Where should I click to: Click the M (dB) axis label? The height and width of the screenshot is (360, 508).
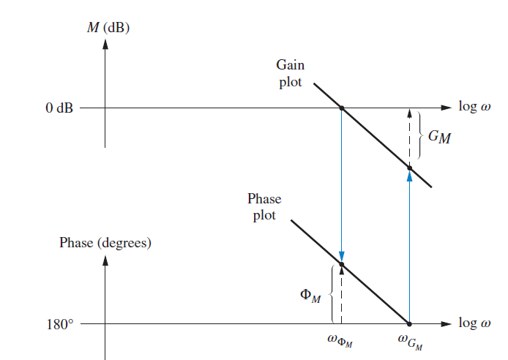click(x=108, y=28)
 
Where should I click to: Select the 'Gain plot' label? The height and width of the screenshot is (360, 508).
click(x=291, y=73)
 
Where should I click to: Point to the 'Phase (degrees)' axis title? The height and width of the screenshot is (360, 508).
click(x=105, y=242)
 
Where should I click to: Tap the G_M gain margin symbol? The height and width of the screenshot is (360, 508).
click(x=439, y=137)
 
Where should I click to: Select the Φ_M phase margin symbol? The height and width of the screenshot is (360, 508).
click(x=310, y=296)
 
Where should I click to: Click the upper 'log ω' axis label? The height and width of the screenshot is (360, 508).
click(x=475, y=107)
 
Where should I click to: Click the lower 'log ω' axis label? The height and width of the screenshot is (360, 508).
click(x=475, y=323)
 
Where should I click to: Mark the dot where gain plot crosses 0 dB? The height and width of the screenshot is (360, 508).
click(x=342, y=108)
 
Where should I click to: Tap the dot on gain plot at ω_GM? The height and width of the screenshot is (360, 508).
click(x=409, y=168)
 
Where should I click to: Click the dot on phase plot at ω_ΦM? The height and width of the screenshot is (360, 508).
click(x=342, y=263)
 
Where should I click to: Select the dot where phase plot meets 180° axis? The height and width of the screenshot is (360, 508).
click(x=409, y=323)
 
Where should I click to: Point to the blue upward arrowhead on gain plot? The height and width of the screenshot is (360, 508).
click(x=409, y=176)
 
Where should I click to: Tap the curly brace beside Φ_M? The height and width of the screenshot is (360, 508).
click(x=332, y=293)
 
